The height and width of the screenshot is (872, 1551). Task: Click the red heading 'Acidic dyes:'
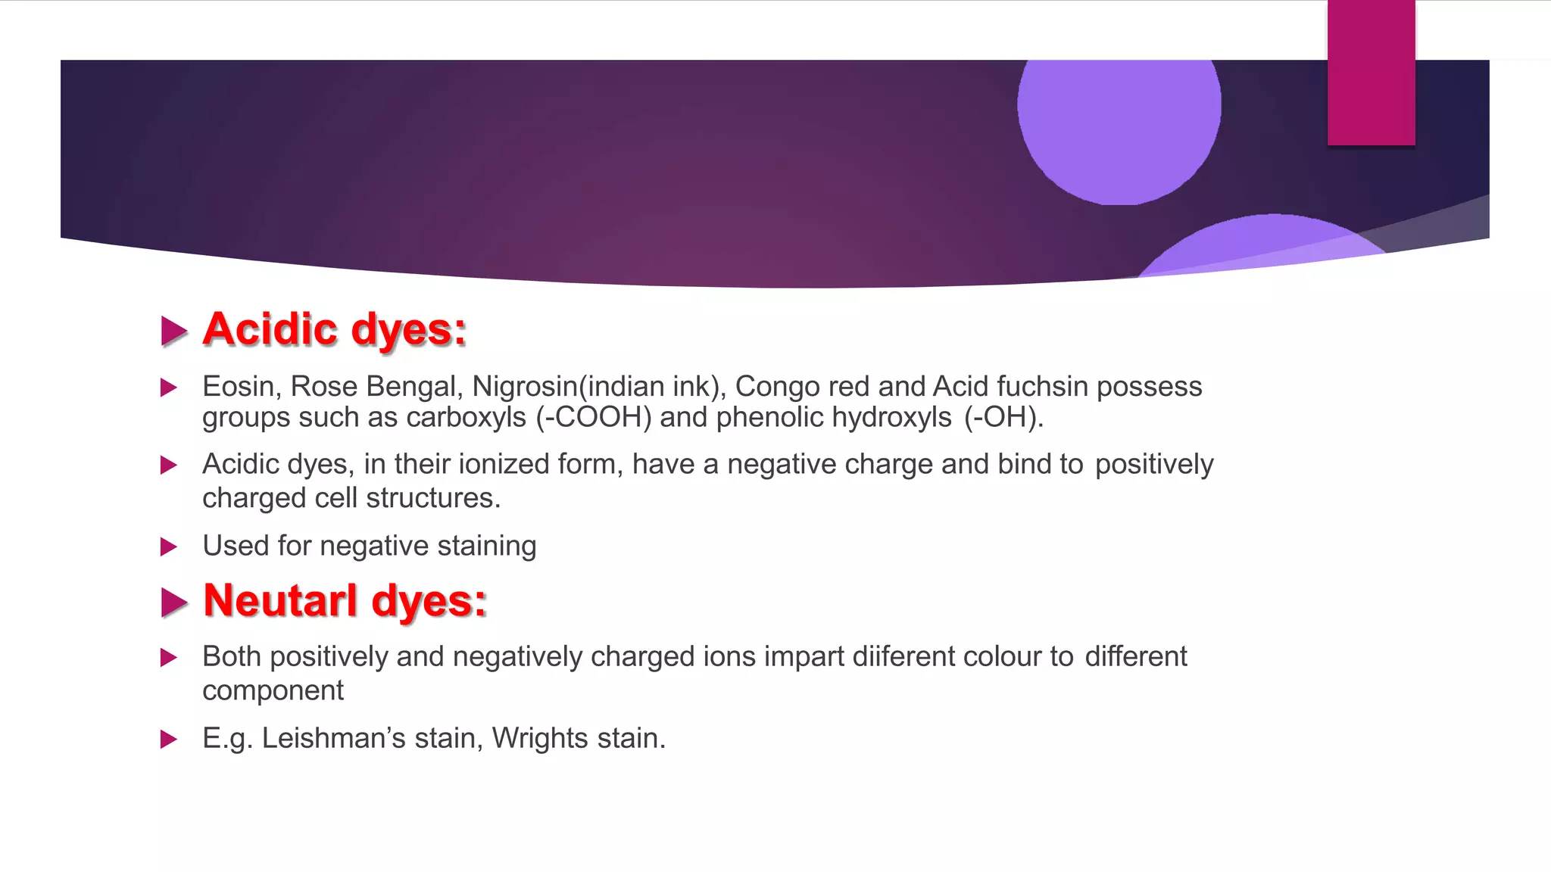(x=334, y=330)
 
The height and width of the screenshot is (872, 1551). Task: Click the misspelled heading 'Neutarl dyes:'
(x=345, y=601)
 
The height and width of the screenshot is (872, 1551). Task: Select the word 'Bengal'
(x=413, y=387)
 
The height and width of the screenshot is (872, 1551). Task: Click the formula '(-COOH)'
(x=594, y=418)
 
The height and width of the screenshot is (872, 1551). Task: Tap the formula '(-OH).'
(x=1003, y=418)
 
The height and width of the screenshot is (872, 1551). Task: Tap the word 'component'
(x=273, y=690)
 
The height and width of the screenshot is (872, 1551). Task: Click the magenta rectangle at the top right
(x=1371, y=73)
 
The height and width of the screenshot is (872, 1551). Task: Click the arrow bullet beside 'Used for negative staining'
(x=169, y=547)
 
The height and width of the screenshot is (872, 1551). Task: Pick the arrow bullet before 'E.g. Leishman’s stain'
(x=169, y=739)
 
